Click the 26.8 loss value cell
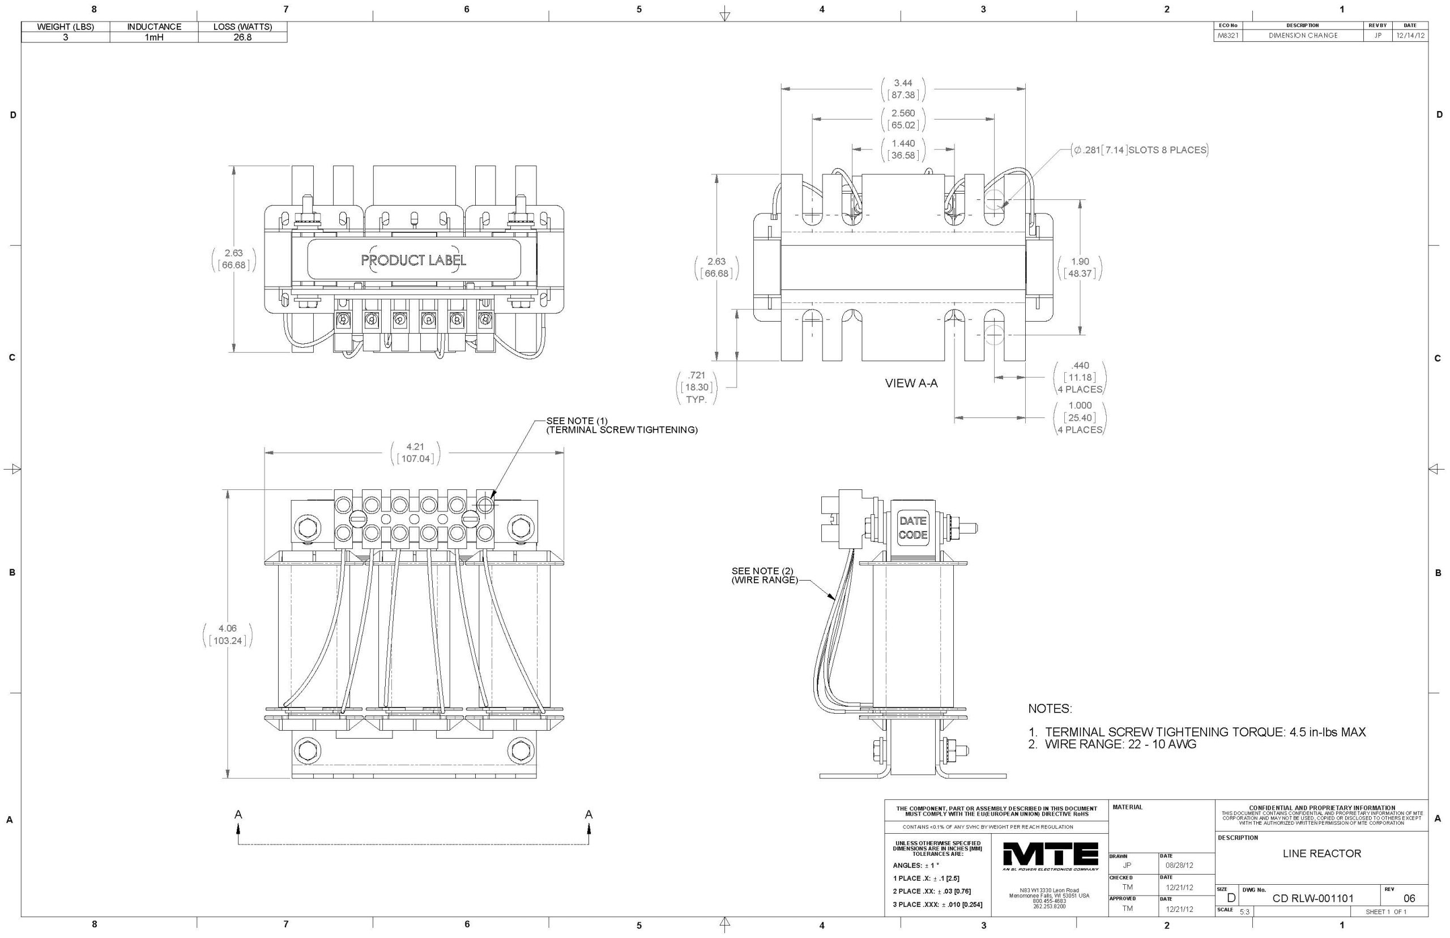point(242,37)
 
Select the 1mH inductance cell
point(154,37)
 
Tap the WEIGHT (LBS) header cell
point(66,27)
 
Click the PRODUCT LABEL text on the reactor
point(413,260)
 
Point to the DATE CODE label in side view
point(913,527)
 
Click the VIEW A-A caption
point(911,383)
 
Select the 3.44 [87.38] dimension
point(903,89)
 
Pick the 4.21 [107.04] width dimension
point(415,453)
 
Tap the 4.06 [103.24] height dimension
point(228,634)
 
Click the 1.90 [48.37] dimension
point(1080,267)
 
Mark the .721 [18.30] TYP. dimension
point(696,387)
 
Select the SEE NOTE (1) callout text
point(621,425)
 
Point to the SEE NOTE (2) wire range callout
point(765,575)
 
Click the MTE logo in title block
point(1050,856)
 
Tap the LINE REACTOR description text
point(1321,854)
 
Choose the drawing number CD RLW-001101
point(1312,898)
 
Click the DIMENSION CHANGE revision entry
point(1303,35)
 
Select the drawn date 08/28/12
point(1179,865)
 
